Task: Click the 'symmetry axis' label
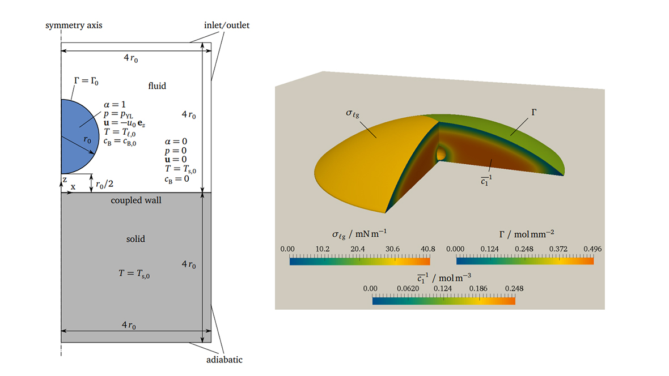pyautogui.click(x=74, y=25)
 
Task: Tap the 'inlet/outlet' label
pyautogui.click(x=227, y=25)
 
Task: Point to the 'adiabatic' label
pyautogui.click(x=224, y=360)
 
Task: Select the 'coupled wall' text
pyautogui.click(x=136, y=200)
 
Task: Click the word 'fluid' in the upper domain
pyautogui.click(x=157, y=86)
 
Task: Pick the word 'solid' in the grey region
pyautogui.click(x=136, y=239)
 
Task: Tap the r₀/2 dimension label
pyautogui.click(x=104, y=183)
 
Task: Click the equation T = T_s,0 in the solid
pyautogui.click(x=134, y=274)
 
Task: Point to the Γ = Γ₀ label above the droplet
pyautogui.click(x=86, y=81)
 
